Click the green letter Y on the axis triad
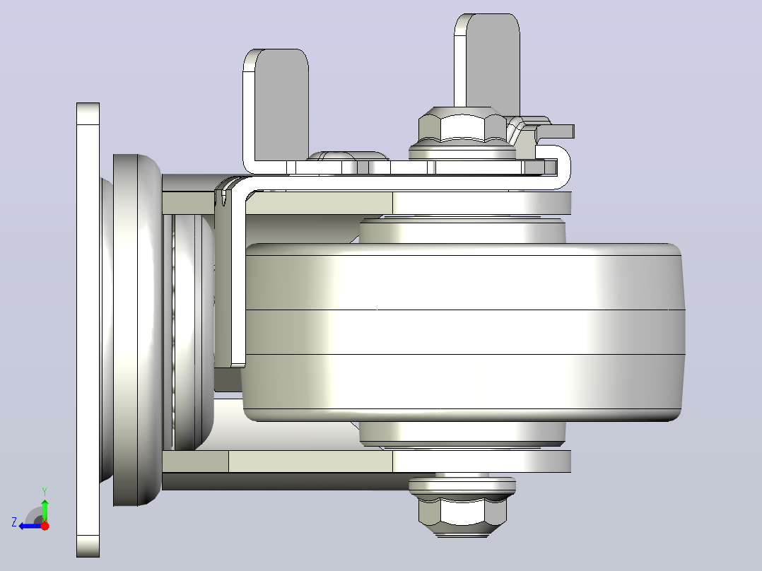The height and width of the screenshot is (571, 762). (x=45, y=491)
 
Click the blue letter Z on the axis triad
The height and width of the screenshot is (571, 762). (x=14, y=522)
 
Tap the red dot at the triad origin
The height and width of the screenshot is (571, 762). (x=45, y=526)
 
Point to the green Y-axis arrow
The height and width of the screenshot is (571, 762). (x=45, y=510)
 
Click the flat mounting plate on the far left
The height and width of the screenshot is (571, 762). (x=88, y=330)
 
